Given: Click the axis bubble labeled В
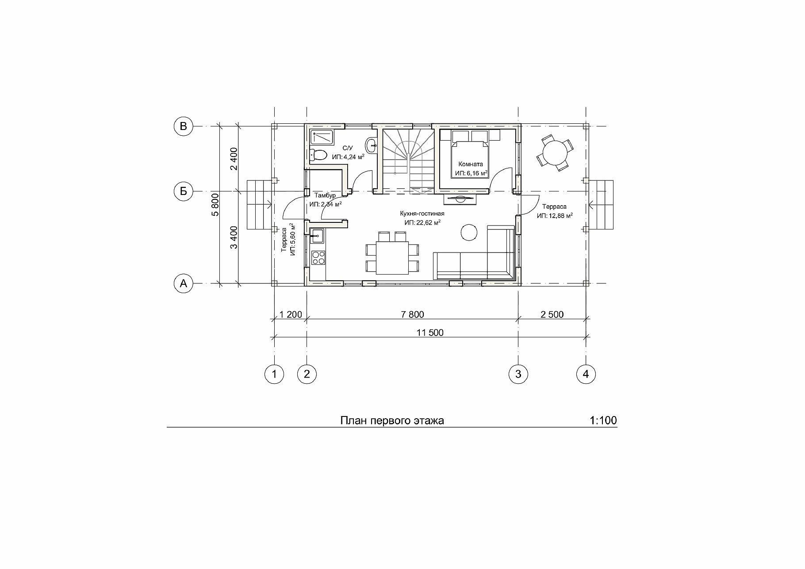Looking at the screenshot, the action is [183, 126].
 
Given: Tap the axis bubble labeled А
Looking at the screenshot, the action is [183, 283].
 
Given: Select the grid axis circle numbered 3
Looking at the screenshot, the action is [518, 374].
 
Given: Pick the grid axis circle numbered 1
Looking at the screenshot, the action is [274, 374].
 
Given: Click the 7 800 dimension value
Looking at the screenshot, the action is [412, 314].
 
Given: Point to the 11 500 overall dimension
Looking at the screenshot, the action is [429, 333].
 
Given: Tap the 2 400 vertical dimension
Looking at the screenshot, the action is [234, 159].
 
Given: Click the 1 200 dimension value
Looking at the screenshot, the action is [291, 314].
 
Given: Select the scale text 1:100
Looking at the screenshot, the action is [603, 420].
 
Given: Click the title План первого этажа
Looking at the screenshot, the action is [392, 420].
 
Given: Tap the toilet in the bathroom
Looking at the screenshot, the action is [318, 155].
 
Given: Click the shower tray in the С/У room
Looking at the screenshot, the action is [323, 137].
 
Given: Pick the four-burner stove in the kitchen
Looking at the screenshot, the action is [318, 258].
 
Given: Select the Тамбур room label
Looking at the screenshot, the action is [325, 195].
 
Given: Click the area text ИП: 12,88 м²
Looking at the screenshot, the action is [555, 215].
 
